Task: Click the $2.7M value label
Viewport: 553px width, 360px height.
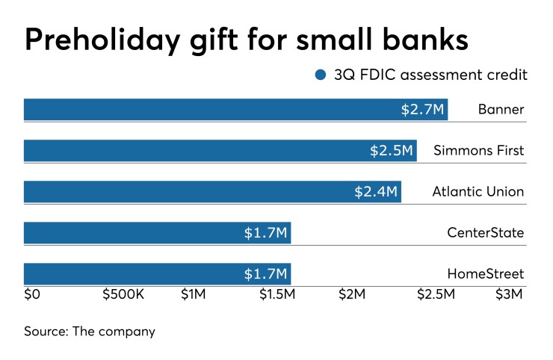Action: [x=423, y=111]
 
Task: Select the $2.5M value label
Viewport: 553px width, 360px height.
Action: [x=392, y=152]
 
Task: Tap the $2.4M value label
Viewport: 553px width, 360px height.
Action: [x=376, y=193]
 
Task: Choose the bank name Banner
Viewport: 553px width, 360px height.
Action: [x=501, y=111]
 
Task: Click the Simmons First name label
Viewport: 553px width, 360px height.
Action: [x=478, y=152]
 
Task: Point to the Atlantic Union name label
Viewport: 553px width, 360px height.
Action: [x=478, y=193]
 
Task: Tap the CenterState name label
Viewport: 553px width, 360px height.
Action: [x=485, y=234]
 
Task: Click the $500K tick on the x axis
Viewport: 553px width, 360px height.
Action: [x=123, y=295]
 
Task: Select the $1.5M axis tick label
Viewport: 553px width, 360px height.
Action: [x=276, y=295]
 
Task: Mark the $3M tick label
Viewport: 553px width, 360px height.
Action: [x=509, y=295]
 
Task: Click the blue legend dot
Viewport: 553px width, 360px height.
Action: [x=321, y=75]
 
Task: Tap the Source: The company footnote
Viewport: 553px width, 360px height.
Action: [x=89, y=331]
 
